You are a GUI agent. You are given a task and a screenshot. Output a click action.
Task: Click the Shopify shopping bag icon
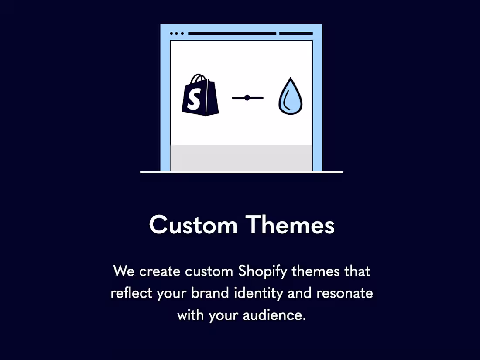[200, 97]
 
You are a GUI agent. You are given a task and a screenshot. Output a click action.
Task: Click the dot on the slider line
[247, 98]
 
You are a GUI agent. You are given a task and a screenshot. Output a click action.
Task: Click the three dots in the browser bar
[177, 33]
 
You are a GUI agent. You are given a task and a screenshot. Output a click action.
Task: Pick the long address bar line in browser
[232, 33]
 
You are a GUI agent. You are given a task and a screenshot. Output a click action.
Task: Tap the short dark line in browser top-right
[296, 33]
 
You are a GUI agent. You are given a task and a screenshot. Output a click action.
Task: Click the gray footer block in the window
[241, 158]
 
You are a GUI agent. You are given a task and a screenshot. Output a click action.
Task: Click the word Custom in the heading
[193, 225]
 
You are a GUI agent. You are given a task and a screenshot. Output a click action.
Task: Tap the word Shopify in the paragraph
[263, 271]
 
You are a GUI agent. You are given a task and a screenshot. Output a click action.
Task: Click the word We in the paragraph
[124, 271]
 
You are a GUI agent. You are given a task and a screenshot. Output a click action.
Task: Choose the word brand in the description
[207, 293]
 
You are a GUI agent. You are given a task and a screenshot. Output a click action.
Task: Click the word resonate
[345, 293]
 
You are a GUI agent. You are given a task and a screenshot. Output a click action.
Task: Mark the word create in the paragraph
[160, 271]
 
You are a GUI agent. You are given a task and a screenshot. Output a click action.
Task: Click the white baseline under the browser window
[241, 172]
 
